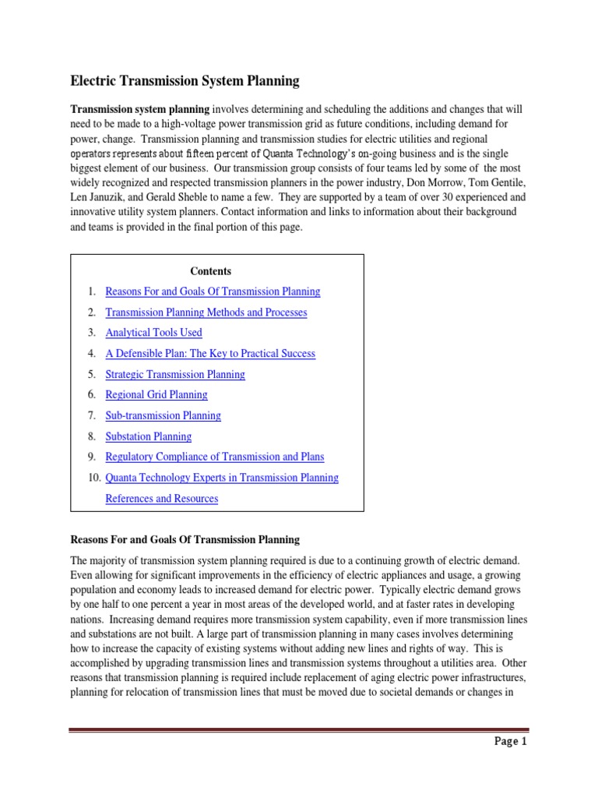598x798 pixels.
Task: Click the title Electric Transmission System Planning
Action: click(x=185, y=80)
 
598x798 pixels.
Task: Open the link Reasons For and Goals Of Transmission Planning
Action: click(x=213, y=291)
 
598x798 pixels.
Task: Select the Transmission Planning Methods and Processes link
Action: click(x=206, y=312)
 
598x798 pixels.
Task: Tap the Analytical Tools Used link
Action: click(x=153, y=333)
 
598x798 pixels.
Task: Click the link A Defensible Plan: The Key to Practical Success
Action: click(x=210, y=354)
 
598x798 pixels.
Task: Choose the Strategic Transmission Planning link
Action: click(x=174, y=374)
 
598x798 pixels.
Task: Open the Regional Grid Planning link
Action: click(x=156, y=395)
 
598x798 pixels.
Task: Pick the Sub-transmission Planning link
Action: click(x=163, y=415)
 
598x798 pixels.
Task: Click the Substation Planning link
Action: click(x=148, y=436)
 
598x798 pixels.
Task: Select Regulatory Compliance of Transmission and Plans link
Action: click(x=214, y=457)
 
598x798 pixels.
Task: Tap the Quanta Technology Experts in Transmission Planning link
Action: click(x=221, y=478)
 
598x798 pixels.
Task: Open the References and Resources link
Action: click(x=161, y=499)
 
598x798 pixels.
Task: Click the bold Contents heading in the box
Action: click(x=210, y=271)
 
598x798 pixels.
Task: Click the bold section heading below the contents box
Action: click(x=185, y=539)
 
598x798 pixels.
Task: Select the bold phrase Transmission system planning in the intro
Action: click(x=140, y=109)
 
